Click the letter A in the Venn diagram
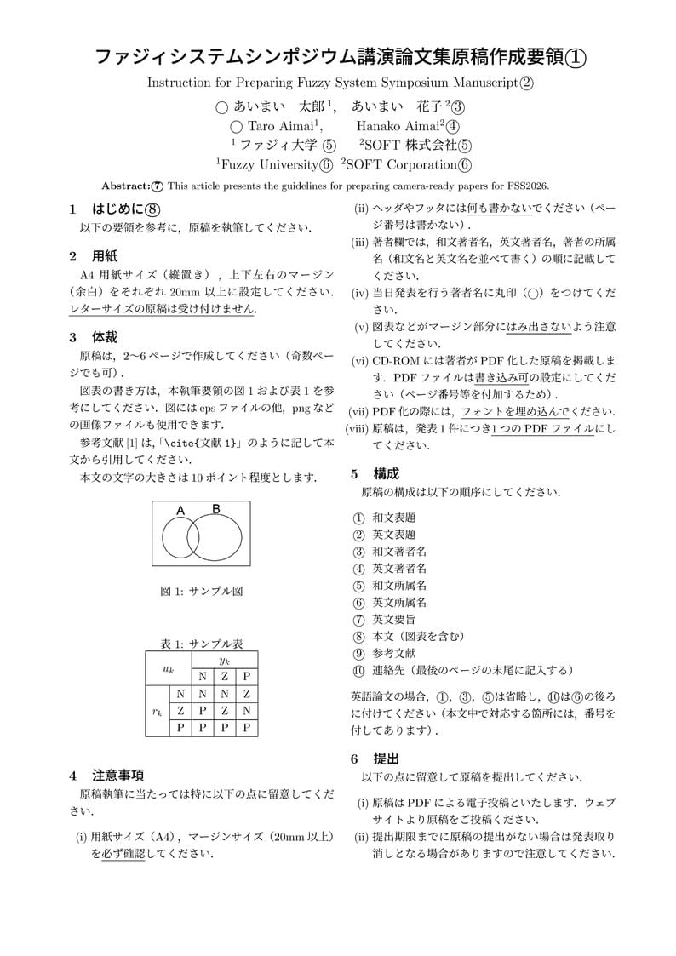pyautogui.click(x=180, y=510)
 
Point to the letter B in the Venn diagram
pyautogui.click(x=216, y=509)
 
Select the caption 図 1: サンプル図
pyautogui.click(x=201, y=591)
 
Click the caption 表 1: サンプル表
pyautogui.click(x=201, y=644)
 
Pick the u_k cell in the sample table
pyautogui.click(x=169, y=668)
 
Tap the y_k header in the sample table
pyautogui.click(x=224, y=660)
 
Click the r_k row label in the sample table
pyautogui.click(x=158, y=711)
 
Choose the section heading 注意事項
pyautogui.click(x=117, y=775)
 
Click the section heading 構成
pyautogui.click(x=386, y=473)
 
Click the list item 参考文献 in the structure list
pyautogui.click(x=394, y=653)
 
